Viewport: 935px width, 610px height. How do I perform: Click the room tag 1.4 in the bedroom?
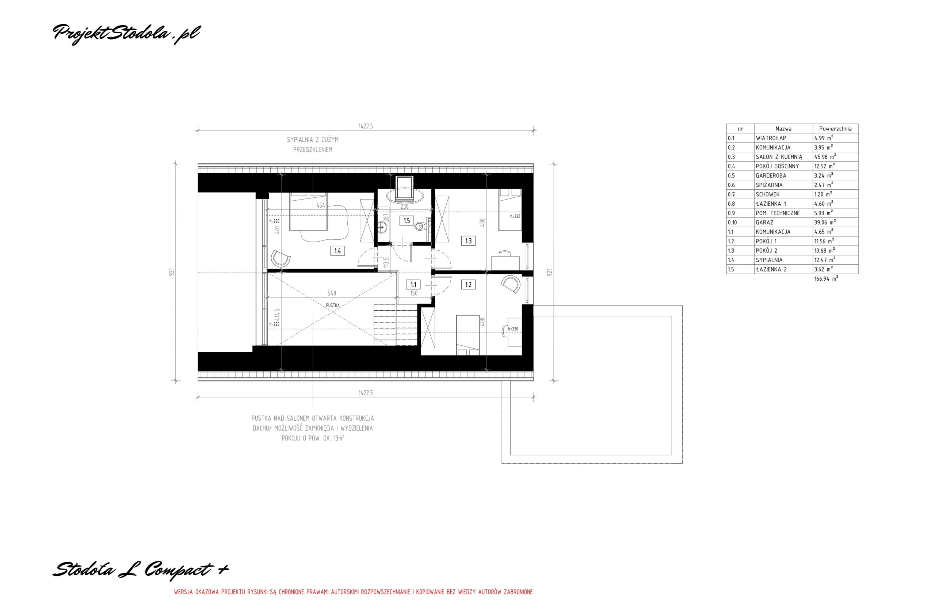tap(338, 250)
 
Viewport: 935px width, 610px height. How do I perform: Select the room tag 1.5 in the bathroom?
tap(407, 220)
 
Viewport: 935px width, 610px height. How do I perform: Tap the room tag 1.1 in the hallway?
tap(413, 284)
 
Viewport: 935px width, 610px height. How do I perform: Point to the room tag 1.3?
tap(468, 240)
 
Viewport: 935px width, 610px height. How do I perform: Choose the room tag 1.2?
tap(468, 285)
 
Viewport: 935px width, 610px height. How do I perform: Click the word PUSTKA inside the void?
tap(332, 305)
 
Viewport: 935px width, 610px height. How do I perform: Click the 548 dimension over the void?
tap(332, 293)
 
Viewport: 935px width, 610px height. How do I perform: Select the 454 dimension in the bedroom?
tap(321, 205)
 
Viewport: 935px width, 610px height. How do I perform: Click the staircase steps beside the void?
tap(395, 325)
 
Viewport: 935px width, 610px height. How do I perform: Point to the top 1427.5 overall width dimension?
tap(365, 126)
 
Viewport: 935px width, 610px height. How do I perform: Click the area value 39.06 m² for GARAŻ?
tap(825, 222)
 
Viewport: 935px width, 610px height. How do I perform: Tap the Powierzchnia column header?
tap(835, 129)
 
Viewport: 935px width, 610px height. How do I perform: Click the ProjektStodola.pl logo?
tap(126, 34)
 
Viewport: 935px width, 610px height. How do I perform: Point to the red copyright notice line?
tap(353, 603)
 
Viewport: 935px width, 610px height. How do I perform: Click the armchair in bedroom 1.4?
tap(281, 258)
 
